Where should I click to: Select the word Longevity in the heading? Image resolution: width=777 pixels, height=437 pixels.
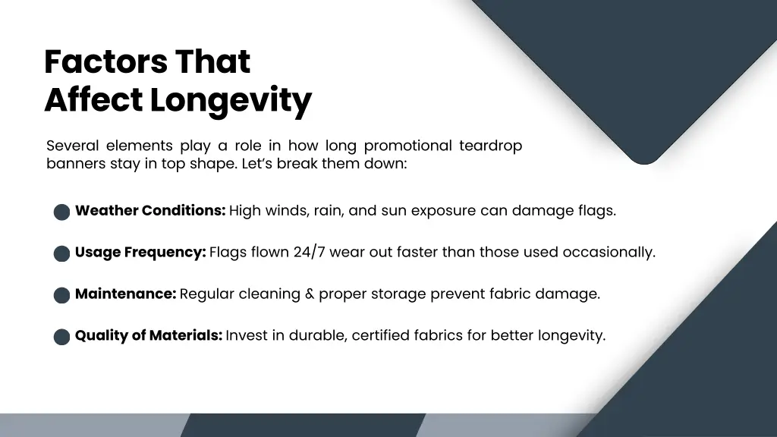pos(231,100)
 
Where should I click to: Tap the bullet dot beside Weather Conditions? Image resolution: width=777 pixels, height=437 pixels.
pos(62,212)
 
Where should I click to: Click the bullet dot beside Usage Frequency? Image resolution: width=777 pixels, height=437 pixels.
pos(62,253)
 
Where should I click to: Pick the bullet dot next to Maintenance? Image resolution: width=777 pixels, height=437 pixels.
pos(62,295)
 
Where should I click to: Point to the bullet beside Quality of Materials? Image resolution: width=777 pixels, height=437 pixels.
pos(62,337)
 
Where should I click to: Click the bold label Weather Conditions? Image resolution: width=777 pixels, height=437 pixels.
pos(150,211)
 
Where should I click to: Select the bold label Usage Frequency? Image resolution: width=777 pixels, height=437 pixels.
pos(140,253)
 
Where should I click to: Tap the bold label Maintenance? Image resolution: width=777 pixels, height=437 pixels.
pos(126,294)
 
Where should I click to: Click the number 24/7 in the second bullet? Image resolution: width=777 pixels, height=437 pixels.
pos(309,253)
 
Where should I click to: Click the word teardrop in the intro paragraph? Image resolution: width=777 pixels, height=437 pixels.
pos(490,146)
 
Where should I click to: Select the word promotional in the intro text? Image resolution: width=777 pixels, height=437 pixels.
pos(407,146)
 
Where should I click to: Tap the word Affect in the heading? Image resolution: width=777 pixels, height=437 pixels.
pos(93,100)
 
